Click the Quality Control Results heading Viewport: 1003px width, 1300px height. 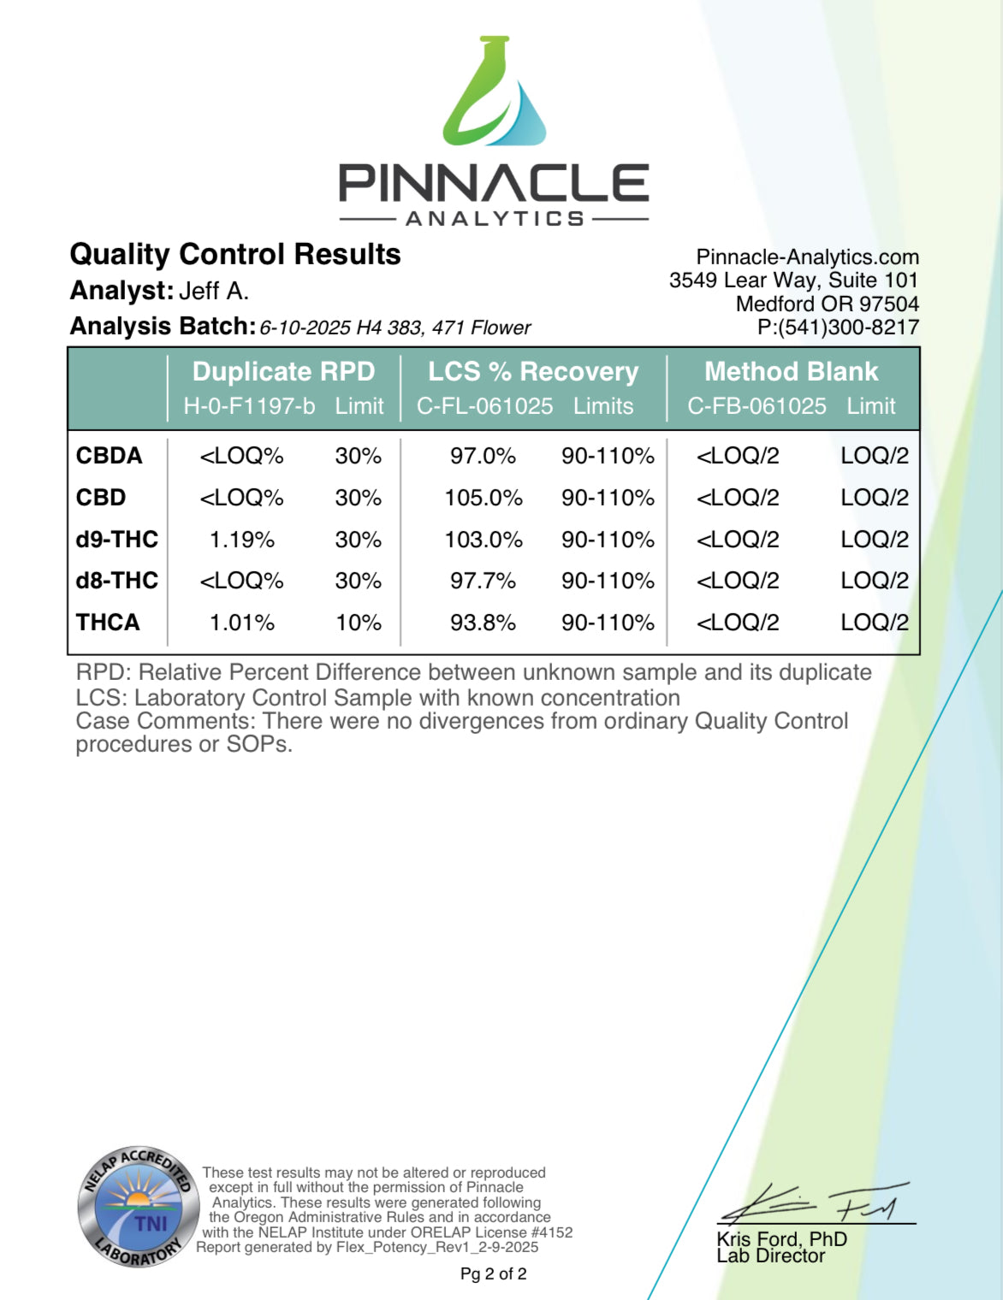pos(235,254)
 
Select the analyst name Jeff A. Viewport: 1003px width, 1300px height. pos(214,292)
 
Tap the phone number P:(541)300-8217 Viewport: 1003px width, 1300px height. pos(838,327)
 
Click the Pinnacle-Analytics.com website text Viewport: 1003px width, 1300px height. pos(807,257)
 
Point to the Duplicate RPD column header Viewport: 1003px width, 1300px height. pos(283,371)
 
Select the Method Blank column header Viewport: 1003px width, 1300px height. pos(791,371)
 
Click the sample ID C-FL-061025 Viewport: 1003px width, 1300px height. pos(484,406)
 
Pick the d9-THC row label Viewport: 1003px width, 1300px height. pos(117,539)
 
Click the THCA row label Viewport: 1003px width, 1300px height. pos(108,622)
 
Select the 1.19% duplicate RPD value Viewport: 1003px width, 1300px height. pos(242,540)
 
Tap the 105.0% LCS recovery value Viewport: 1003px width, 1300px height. pos(484,498)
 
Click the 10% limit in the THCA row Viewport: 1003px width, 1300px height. pos(359,623)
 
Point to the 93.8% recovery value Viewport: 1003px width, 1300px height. pos(484,623)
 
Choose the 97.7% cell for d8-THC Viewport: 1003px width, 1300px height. pos(484,581)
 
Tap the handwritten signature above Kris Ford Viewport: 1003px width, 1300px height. pos(813,1204)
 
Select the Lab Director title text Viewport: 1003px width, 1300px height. pos(771,1256)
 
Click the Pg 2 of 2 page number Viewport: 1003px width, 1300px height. pos(494,1273)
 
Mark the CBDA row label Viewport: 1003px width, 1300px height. pos(110,456)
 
